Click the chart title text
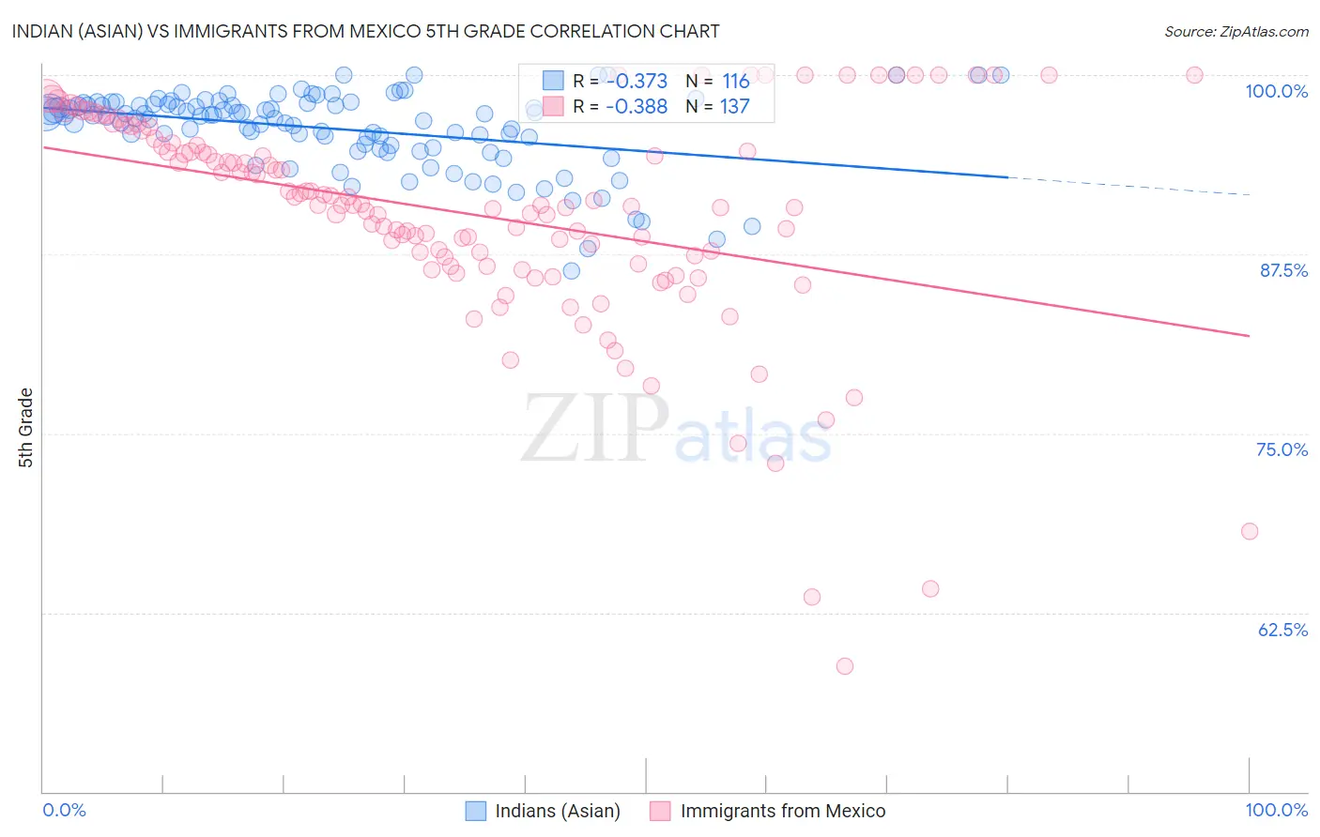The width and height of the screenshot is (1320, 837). (366, 31)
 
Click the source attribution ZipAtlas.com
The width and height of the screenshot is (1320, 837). (1236, 31)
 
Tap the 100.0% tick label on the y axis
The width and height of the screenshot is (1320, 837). (1276, 91)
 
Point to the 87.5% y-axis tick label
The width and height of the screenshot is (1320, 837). (1282, 270)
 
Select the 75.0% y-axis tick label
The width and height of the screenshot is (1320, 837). (1282, 449)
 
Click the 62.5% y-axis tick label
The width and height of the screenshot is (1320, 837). (1282, 630)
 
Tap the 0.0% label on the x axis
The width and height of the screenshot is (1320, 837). (65, 810)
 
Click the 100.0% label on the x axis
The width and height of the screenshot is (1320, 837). (1276, 810)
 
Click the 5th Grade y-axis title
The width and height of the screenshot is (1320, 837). (25, 428)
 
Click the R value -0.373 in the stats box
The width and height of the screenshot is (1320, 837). (636, 81)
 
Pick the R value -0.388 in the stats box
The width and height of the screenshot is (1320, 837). (636, 106)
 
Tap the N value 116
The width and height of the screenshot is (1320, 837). (735, 81)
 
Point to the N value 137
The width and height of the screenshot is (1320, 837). (735, 106)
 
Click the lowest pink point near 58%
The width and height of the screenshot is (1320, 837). (844, 666)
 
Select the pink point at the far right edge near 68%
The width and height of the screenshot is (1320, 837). (1249, 531)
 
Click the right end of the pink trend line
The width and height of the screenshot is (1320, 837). (1248, 335)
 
